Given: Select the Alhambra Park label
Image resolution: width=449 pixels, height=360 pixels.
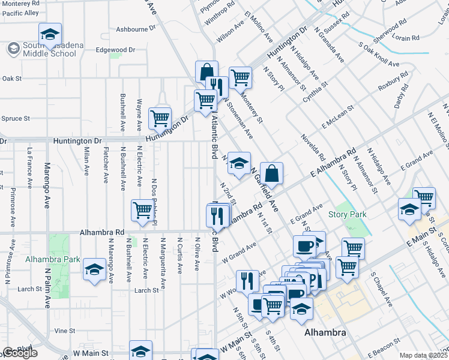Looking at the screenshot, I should [x=52, y=260].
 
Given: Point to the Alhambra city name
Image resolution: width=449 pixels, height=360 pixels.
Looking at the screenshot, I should [x=325, y=332].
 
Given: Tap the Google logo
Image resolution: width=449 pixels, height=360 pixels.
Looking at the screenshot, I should [x=20, y=353].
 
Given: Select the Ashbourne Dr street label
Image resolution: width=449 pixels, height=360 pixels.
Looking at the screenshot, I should [x=131, y=29].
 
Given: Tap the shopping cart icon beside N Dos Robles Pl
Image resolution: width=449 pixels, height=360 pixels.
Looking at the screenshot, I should [x=142, y=210].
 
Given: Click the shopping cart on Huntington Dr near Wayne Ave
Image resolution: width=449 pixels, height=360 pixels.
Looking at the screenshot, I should [x=160, y=118].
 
